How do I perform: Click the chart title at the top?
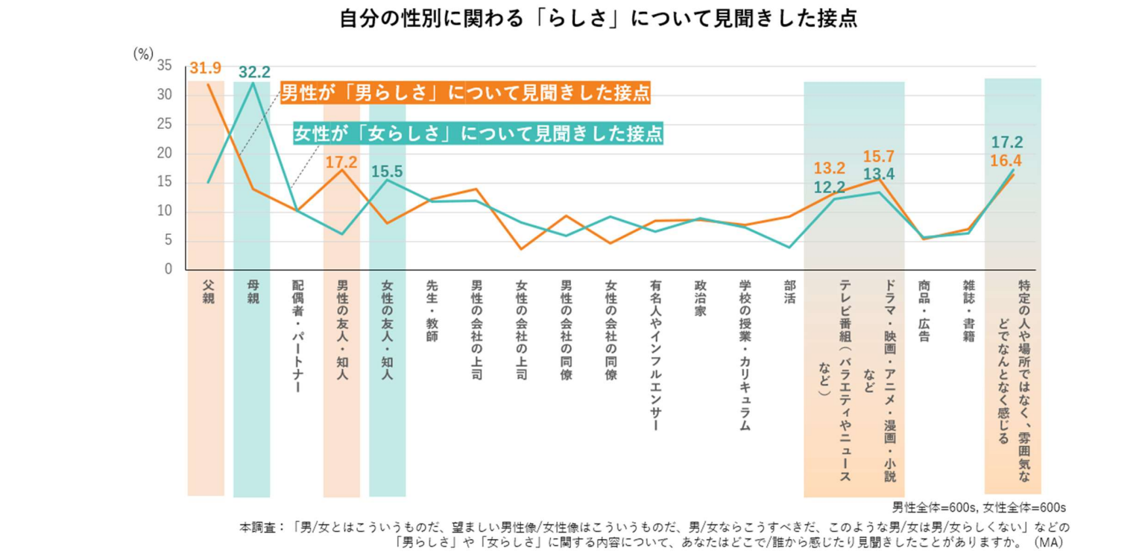[x=598, y=18]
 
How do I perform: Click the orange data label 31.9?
[x=205, y=69]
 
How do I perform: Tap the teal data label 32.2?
[x=254, y=72]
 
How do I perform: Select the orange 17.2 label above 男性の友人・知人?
[x=341, y=162]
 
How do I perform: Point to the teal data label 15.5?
[x=387, y=172]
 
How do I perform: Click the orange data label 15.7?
[x=878, y=157]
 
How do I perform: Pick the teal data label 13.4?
[x=878, y=175]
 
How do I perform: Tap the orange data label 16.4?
[x=1006, y=161]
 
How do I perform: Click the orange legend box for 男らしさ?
[x=465, y=93]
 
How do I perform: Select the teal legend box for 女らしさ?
[x=479, y=133]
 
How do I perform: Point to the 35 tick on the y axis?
[x=165, y=66]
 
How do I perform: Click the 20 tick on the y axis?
[x=165, y=153]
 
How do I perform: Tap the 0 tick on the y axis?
[x=168, y=269]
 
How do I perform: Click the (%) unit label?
[x=143, y=53]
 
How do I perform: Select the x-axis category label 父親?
[x=208, y=292]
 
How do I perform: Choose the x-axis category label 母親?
[x=253, y=292]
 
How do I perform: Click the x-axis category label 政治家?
[x=700, y=299]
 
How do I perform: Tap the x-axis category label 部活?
[x=789, y=292]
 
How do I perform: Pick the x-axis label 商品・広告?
[x=924, y=311]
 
